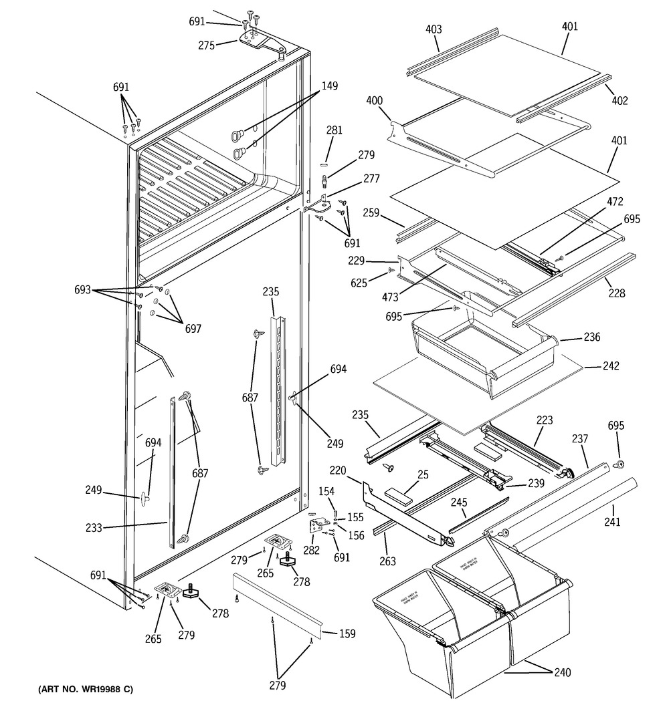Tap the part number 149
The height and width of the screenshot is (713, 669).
pos(329,86)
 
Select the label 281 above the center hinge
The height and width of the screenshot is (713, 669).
pos(334,130)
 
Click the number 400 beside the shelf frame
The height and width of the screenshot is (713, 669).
pos(375,100)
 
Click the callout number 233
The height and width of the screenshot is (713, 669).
pos(94,528)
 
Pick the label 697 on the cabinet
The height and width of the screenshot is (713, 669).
pos(193,329)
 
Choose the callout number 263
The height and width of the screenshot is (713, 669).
pos(387,561)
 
